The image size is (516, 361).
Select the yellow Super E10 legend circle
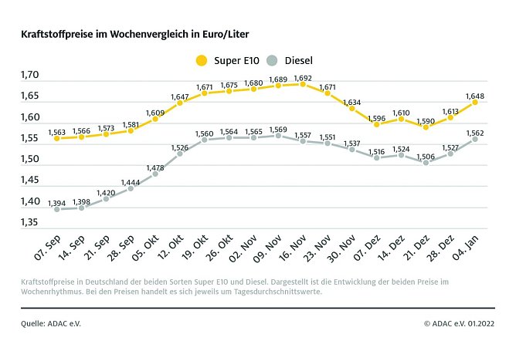coord(202,60)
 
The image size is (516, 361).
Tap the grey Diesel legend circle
coord(271,60)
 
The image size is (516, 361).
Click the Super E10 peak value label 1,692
coord(303,78)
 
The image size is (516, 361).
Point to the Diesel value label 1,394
coord(56,203)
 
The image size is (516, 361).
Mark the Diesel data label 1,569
coord(278,130)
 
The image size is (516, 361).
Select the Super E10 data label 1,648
coord(475,96)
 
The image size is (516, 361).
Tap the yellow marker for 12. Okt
coord(180,103)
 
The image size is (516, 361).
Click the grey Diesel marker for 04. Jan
coord(475,139)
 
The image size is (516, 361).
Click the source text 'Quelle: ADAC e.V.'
coord(51,324)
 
